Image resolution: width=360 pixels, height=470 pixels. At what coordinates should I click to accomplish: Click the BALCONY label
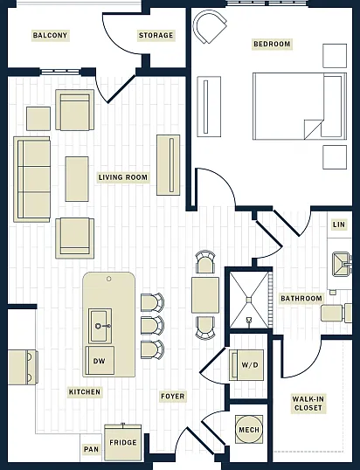(50, 35)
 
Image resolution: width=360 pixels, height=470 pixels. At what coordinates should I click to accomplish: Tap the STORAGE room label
(156, 35)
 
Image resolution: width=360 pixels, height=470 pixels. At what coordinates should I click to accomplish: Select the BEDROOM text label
(272, 44)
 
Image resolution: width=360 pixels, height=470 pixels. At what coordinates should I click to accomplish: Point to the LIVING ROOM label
(123, 177)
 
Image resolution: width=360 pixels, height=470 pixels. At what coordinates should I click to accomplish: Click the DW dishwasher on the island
(100, 361)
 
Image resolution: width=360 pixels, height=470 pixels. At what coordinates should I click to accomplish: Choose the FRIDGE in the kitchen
(123, 442)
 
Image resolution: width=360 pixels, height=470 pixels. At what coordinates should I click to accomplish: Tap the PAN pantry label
(91, 449)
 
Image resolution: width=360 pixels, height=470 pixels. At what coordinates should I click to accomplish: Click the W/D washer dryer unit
(246, 365)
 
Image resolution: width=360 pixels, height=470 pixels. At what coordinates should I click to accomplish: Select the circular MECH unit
(249, 430)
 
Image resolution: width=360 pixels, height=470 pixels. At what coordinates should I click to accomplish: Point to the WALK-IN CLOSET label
(308, 404)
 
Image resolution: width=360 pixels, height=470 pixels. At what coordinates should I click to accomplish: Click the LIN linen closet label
(339, 225)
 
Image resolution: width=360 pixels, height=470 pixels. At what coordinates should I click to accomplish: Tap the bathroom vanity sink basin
(342, 264)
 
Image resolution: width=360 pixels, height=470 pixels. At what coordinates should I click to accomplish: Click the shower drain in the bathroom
(249, 300)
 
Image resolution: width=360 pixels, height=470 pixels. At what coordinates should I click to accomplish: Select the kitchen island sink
(100, 326)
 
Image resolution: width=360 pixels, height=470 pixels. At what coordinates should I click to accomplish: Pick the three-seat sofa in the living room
(31, 179)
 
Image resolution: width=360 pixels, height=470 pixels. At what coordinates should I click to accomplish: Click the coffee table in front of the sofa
(77, 179)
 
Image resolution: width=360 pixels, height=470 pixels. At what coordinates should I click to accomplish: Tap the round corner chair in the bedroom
(210, 26)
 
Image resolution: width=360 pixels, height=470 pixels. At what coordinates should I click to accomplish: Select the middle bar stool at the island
(152, 326)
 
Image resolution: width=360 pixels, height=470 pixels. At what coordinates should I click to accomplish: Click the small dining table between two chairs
(205, 295)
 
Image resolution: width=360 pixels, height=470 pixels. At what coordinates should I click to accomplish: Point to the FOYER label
(173, 397)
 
